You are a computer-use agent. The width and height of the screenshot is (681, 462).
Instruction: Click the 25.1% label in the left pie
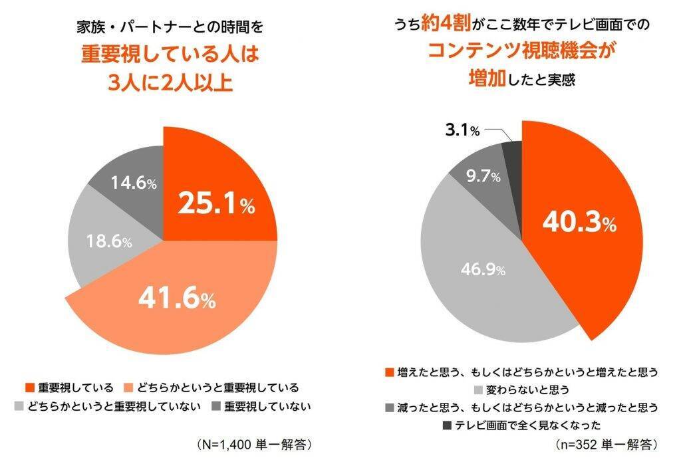click(x=216, y=205)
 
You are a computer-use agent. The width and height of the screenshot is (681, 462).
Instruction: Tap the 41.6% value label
click(x=176, y=300)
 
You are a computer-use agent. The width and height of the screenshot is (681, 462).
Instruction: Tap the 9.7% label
click(x=483, y=177)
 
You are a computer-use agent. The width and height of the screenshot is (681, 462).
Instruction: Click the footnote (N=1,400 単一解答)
click(x=255, y=443)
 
